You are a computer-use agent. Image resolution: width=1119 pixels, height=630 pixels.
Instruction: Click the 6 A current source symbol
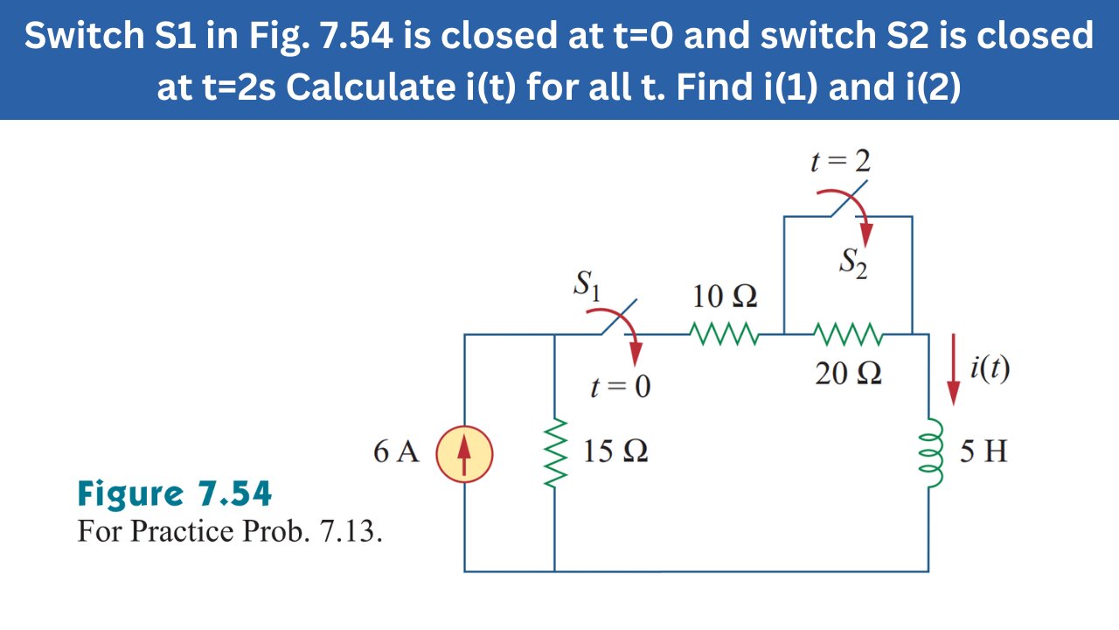click(464, 453)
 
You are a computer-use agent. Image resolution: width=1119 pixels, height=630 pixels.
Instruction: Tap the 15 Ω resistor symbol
click(555, 453)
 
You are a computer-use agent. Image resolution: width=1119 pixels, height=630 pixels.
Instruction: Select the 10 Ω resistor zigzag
click(724, 334)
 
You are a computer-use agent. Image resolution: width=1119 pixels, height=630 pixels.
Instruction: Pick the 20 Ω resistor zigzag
click(848, 334)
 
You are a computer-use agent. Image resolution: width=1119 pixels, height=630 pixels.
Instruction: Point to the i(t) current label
click(990, 369)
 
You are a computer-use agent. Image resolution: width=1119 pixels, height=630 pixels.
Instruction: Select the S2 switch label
click(854, 262)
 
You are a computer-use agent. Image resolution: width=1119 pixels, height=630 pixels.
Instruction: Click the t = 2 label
click(840, 162)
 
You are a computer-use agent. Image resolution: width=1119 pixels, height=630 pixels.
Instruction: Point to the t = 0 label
click(620, 386)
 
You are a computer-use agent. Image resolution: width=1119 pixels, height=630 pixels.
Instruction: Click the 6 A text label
click(396, 452)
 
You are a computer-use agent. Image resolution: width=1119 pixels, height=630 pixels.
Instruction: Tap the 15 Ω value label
click(615, 452)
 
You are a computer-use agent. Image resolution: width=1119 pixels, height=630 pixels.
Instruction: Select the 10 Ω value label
click(725, 298)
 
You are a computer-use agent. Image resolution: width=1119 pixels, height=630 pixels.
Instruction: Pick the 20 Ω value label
click(848, 374)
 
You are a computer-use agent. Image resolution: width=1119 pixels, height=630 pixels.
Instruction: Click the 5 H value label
click(983, 452)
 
